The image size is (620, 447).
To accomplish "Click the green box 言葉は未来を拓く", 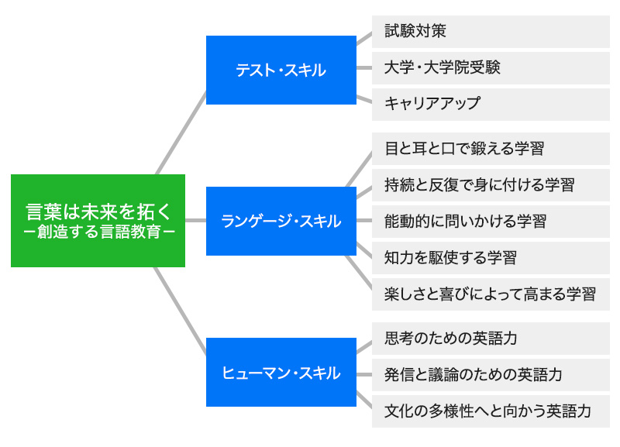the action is point(98,221).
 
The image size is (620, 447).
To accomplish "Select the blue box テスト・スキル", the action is point(281,70).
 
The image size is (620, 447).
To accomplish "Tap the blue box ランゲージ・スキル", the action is point(281,221).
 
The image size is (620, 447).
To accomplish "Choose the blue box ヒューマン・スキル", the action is point(281,373).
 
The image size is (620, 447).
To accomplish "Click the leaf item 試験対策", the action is point(491,32).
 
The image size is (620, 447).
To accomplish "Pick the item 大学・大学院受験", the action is point(491,68).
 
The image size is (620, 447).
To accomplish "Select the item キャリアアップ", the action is point(491,105).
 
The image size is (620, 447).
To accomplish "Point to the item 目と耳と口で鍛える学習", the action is point(491,149).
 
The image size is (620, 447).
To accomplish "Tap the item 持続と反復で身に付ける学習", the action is point(491,185).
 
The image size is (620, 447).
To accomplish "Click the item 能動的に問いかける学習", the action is point(491,222).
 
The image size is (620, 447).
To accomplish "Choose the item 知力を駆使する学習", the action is point(491,258).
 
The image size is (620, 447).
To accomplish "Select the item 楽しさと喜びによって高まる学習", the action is point(491,294).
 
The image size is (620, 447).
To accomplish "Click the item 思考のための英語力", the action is point(491,339).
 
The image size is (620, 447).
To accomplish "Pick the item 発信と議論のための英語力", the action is point(491,375).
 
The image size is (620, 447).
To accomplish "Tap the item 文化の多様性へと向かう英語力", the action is point(491,411).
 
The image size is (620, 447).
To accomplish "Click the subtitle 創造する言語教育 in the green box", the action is point(99,232).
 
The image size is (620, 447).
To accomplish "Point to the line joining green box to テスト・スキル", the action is point(181,132).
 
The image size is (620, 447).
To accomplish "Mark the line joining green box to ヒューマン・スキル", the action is point(180,311).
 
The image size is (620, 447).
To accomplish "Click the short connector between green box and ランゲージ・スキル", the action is point(195,221).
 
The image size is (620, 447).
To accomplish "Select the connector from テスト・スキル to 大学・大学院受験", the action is point(364,68).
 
